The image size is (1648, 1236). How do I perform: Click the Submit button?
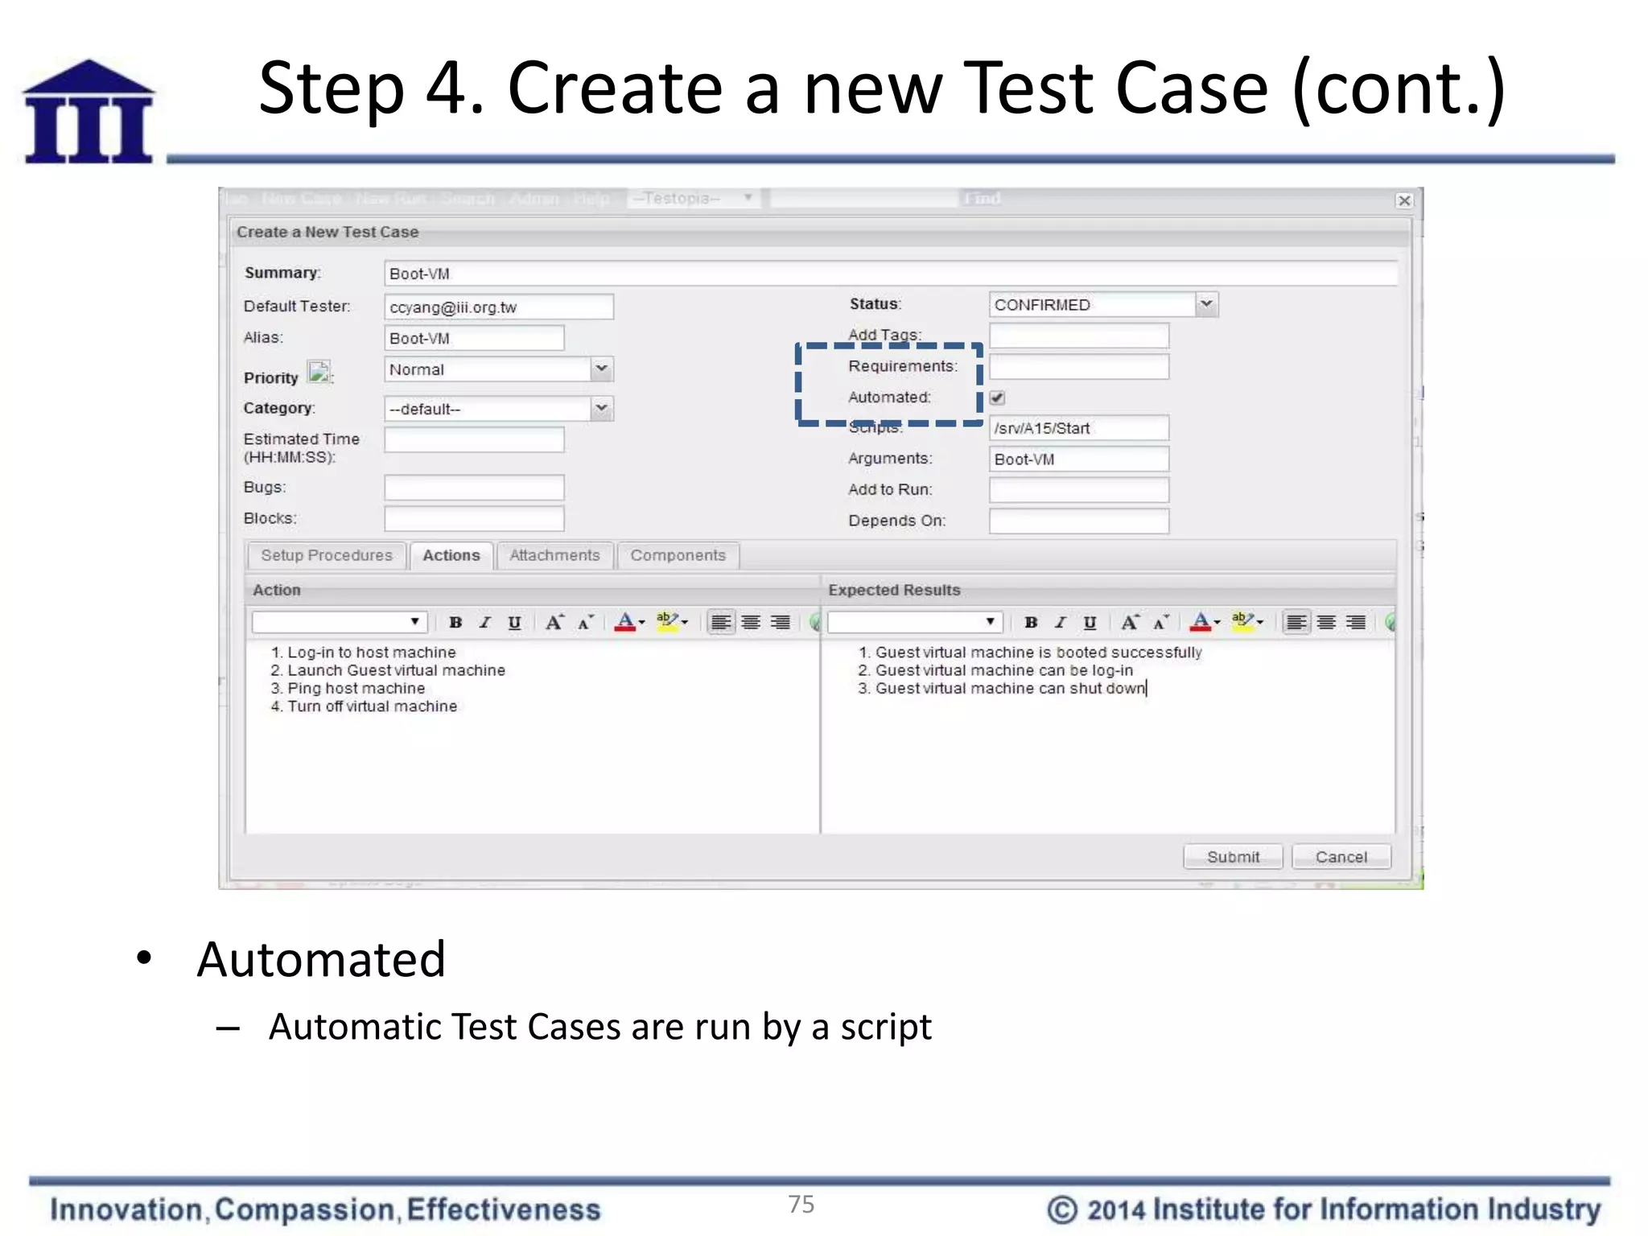(x=1232, y=857)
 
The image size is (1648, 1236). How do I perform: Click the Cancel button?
(x=1341, y=857)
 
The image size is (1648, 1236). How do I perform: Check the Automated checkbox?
(x=998, y=398)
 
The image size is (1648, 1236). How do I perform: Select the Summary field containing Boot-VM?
(x=890, y=274)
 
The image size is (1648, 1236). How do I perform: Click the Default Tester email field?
(x=498, y=307)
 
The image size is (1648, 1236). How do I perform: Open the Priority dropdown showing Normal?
(x=498, y=370)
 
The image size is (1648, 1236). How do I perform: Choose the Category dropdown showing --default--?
(x=498, y=409)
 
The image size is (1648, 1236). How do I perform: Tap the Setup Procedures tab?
(x=326, y=555)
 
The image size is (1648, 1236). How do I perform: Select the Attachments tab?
(x=554, y=555)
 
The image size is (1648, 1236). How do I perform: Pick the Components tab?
(x=678, y=555)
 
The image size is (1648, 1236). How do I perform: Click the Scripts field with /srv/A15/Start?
(x=1078, y=428)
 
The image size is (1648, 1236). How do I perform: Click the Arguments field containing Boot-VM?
(x=1078, y=459)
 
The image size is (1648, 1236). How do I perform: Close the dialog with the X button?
(x=1404, y=200)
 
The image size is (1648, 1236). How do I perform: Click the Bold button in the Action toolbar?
(x=455, y=622)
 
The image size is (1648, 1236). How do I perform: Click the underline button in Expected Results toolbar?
(x=1090, y=622)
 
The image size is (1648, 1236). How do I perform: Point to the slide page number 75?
(x=801, y=1204)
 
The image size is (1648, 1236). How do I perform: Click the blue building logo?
(x=89, y=112)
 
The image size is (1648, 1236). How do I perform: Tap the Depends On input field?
(x=1078, y=521)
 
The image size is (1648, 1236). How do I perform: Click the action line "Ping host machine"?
(x=356, y=689)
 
